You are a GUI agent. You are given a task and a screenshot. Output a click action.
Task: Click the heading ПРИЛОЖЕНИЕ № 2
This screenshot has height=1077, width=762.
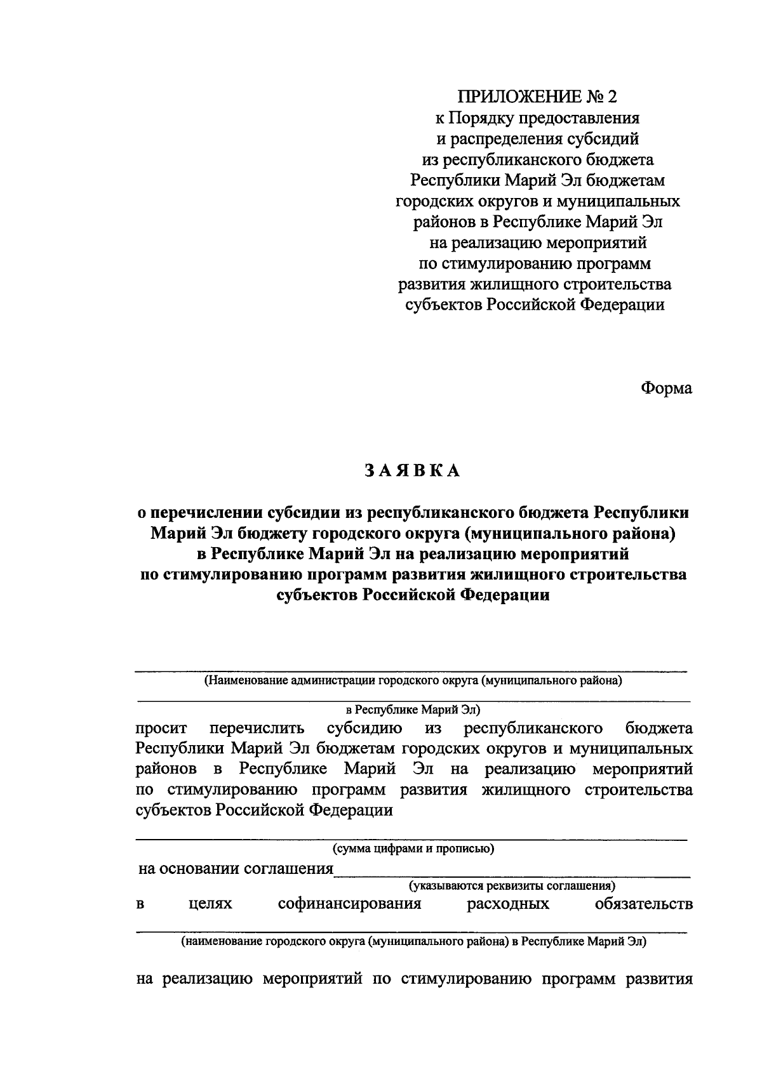click(x=537, y=96)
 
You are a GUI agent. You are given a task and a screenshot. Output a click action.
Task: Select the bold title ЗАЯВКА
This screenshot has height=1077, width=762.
click(x=412, y=470)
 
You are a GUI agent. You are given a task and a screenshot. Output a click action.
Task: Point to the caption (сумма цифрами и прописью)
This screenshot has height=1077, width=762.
click(x=413, y=849)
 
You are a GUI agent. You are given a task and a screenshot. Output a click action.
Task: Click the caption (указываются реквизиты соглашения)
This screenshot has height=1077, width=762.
click(x=512, y=885)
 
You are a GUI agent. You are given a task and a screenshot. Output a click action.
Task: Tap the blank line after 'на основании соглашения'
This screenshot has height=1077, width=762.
click(x=512, y=875)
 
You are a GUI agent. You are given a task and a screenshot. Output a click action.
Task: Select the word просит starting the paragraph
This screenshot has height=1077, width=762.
click(x=161, y=728)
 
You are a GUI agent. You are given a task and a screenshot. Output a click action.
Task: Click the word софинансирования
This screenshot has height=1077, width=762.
click(x=350, y=904)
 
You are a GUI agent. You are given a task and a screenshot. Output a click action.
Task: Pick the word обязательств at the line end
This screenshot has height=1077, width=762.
click(x=643, y=904)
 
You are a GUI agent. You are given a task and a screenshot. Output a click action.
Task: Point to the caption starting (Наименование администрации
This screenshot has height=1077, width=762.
click(x=413, y=681)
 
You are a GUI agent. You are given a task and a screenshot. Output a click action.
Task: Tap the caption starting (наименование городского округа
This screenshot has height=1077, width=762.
click(x=413, y=942)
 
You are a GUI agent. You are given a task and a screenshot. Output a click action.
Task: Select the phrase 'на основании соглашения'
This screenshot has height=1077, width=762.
click(x=236, y=869)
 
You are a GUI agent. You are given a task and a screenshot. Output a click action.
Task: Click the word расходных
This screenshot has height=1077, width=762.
click(x=508, y=904)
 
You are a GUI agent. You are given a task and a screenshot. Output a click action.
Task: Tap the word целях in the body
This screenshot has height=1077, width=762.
click(x=210, y=904)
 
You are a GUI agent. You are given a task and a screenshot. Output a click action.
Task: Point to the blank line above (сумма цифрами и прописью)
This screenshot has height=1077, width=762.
click(x=413, y=839)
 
